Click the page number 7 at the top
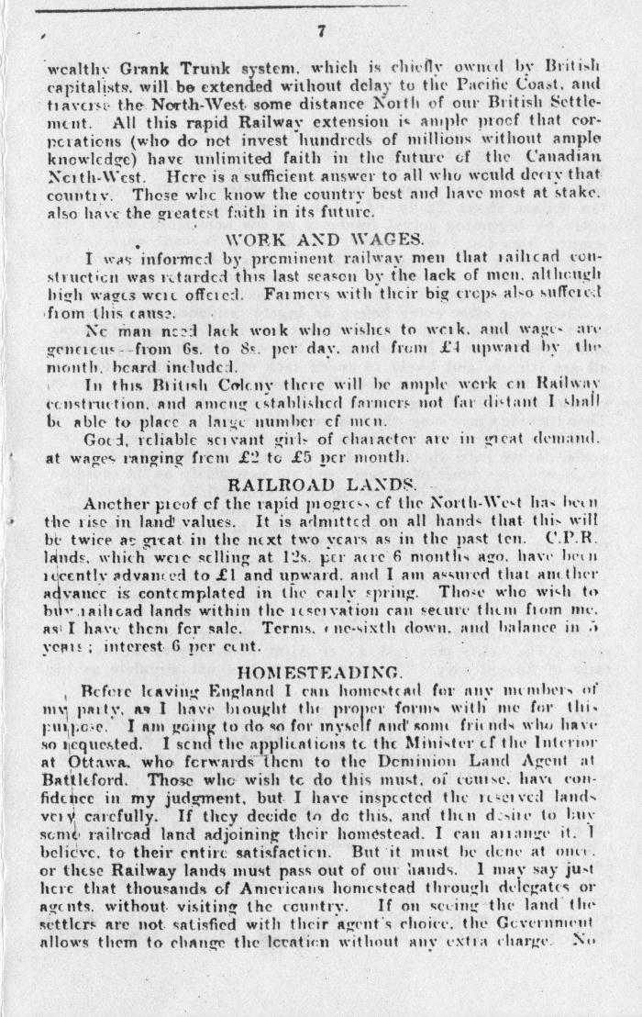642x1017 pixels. (321, 31)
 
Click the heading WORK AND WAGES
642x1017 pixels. (322, 240)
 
